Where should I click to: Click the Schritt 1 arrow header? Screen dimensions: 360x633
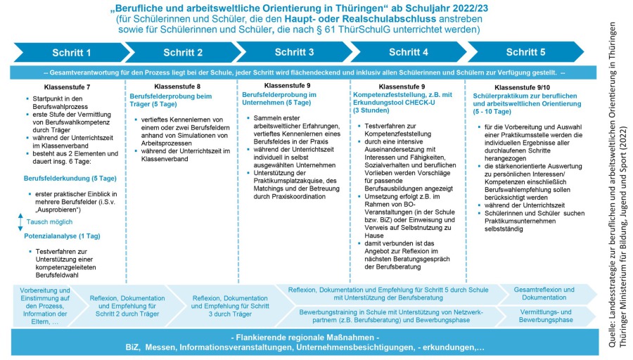click(71, 53)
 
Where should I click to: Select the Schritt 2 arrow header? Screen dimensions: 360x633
click(183, 53)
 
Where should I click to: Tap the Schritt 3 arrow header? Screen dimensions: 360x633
click(294, 53)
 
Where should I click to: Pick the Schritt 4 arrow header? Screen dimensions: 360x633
click(408, 53)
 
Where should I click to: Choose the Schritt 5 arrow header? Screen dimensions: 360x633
click(525, 53)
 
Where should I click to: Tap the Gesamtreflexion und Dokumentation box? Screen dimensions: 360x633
click(544, 294)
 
